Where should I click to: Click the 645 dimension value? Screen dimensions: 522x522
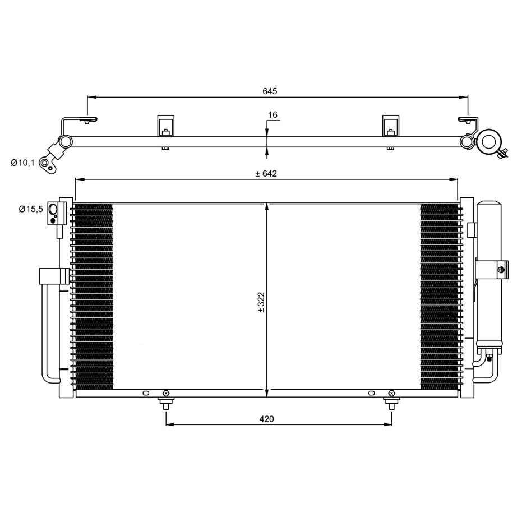(x=270, y=91)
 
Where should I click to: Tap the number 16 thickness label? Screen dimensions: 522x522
(x=272, y=115)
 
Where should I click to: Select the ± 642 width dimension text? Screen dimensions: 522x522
(x=266, y=173)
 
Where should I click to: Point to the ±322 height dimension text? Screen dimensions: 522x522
(x=261, y=302)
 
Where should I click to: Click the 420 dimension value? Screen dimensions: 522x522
(x=267, y=419)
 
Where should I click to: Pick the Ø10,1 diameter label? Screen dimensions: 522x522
(x=22, y=163)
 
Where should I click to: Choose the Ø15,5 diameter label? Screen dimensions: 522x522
(x=31, y=209)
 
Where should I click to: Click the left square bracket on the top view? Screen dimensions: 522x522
(x=166, y=126)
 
